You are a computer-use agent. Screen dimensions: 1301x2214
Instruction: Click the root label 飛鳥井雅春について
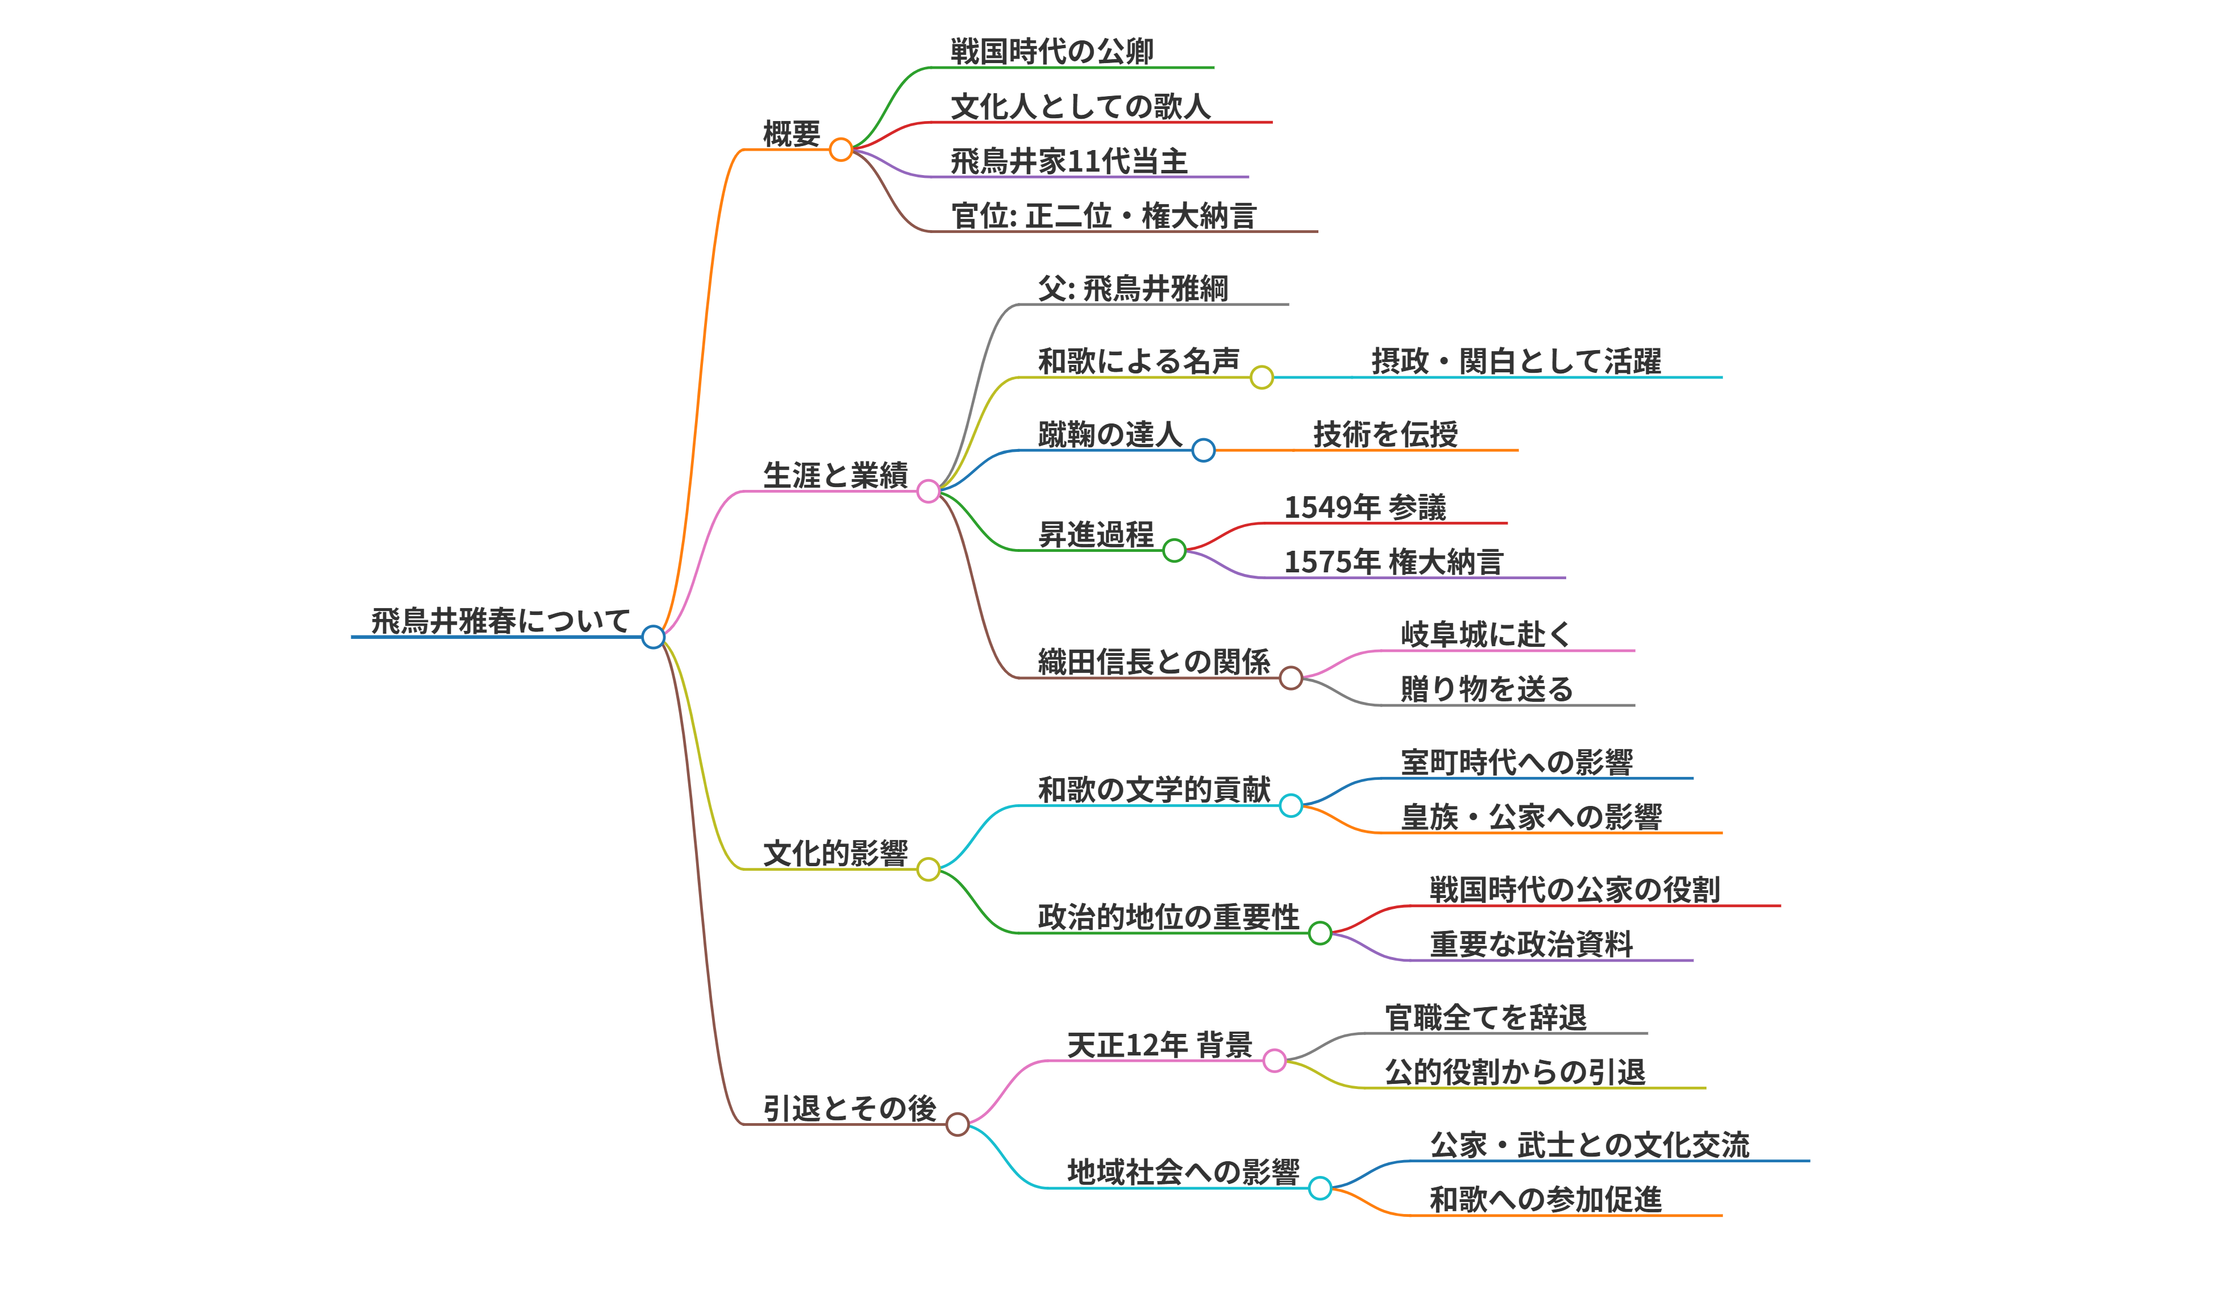coord(500,621)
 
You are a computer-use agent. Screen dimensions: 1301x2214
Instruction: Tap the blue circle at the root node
coord(653,637)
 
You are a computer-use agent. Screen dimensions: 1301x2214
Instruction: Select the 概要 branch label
coord(790,134)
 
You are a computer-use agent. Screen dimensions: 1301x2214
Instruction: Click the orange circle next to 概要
coord(841,150)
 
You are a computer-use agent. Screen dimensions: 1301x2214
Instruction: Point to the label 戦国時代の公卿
coord(1052,52)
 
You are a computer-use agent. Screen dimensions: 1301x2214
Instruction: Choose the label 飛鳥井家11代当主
coord(1068,161)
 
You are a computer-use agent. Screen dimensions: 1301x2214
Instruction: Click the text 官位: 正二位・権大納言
coord(1104,216)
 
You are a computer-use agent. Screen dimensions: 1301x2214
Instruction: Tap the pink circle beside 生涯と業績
coord(928,491)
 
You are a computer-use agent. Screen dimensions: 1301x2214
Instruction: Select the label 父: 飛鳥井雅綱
coord(1133,289)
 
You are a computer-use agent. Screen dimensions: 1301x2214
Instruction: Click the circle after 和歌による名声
coord(1262,378)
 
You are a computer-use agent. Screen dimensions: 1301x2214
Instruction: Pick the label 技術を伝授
coord(1385,435)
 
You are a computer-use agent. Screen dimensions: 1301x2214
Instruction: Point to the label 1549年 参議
coord(1364,508)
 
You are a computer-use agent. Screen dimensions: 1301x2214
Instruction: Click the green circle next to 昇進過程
coord(1173,551)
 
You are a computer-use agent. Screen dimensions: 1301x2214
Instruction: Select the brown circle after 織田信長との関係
coord(1291,678)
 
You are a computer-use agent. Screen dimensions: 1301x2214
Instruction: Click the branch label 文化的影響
coord(835,854)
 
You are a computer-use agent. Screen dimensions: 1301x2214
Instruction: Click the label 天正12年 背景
coord(1159,1045)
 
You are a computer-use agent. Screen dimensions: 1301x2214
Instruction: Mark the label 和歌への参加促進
coord(1545,1200)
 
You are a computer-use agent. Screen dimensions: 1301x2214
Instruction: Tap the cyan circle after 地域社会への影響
coord(1320,1188)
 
